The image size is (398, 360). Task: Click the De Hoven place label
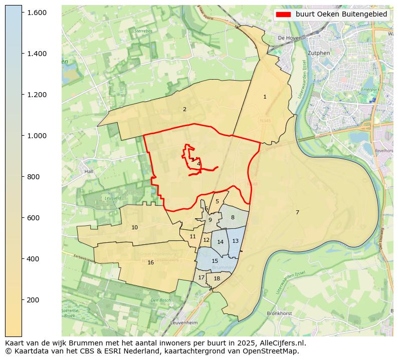click(288, 38)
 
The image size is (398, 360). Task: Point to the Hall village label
click(89, 171)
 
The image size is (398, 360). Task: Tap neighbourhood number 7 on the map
click(297, 213)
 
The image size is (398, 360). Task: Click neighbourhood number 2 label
click(184, 109)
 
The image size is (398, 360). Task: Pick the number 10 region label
click(134, 228)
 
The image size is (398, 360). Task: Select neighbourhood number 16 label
click(150, 263)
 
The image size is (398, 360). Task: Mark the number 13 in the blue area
click(235, 241)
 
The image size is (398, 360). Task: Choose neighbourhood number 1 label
click(265, 97)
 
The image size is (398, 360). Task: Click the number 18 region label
click(217, 279)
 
